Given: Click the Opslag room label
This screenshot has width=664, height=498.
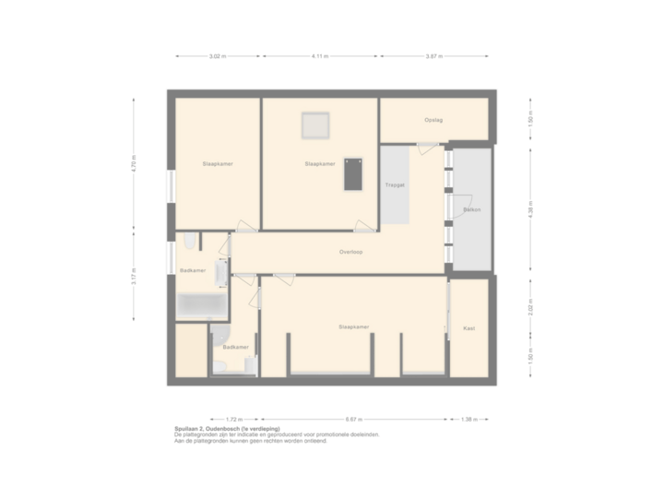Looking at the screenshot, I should tap(433, 120).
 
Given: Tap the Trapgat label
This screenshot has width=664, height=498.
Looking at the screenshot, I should tap(395, 185).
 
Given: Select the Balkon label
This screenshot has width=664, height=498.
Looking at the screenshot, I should tap(471, 210).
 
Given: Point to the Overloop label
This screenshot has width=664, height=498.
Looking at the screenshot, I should tap(350, 251).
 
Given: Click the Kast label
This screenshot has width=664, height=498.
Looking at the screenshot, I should tap(468, 327).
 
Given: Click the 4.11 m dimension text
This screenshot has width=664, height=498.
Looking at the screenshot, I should tap(320, 56).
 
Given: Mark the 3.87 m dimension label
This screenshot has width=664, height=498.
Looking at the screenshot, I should tap(433, 56).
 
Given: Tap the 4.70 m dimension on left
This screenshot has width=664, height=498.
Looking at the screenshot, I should tap(134, 163).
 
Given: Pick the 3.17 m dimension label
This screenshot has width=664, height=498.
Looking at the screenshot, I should tap(134, 277).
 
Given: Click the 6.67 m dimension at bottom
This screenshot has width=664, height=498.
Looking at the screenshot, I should tap(354, 418).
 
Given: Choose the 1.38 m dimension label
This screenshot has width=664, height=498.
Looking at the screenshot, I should tap(470, 418).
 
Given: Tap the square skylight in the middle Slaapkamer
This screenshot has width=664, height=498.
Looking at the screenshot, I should tap(315, 125).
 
